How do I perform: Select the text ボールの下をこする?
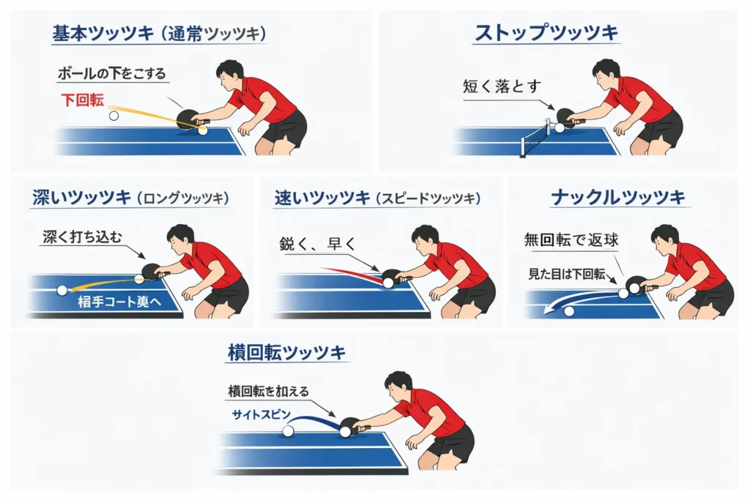pos(112,73)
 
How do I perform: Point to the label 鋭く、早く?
pos(316,245)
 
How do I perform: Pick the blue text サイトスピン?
pos(257,414)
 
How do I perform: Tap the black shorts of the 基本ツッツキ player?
pos(285,129)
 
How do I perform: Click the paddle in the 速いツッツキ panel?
pos(393,277)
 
